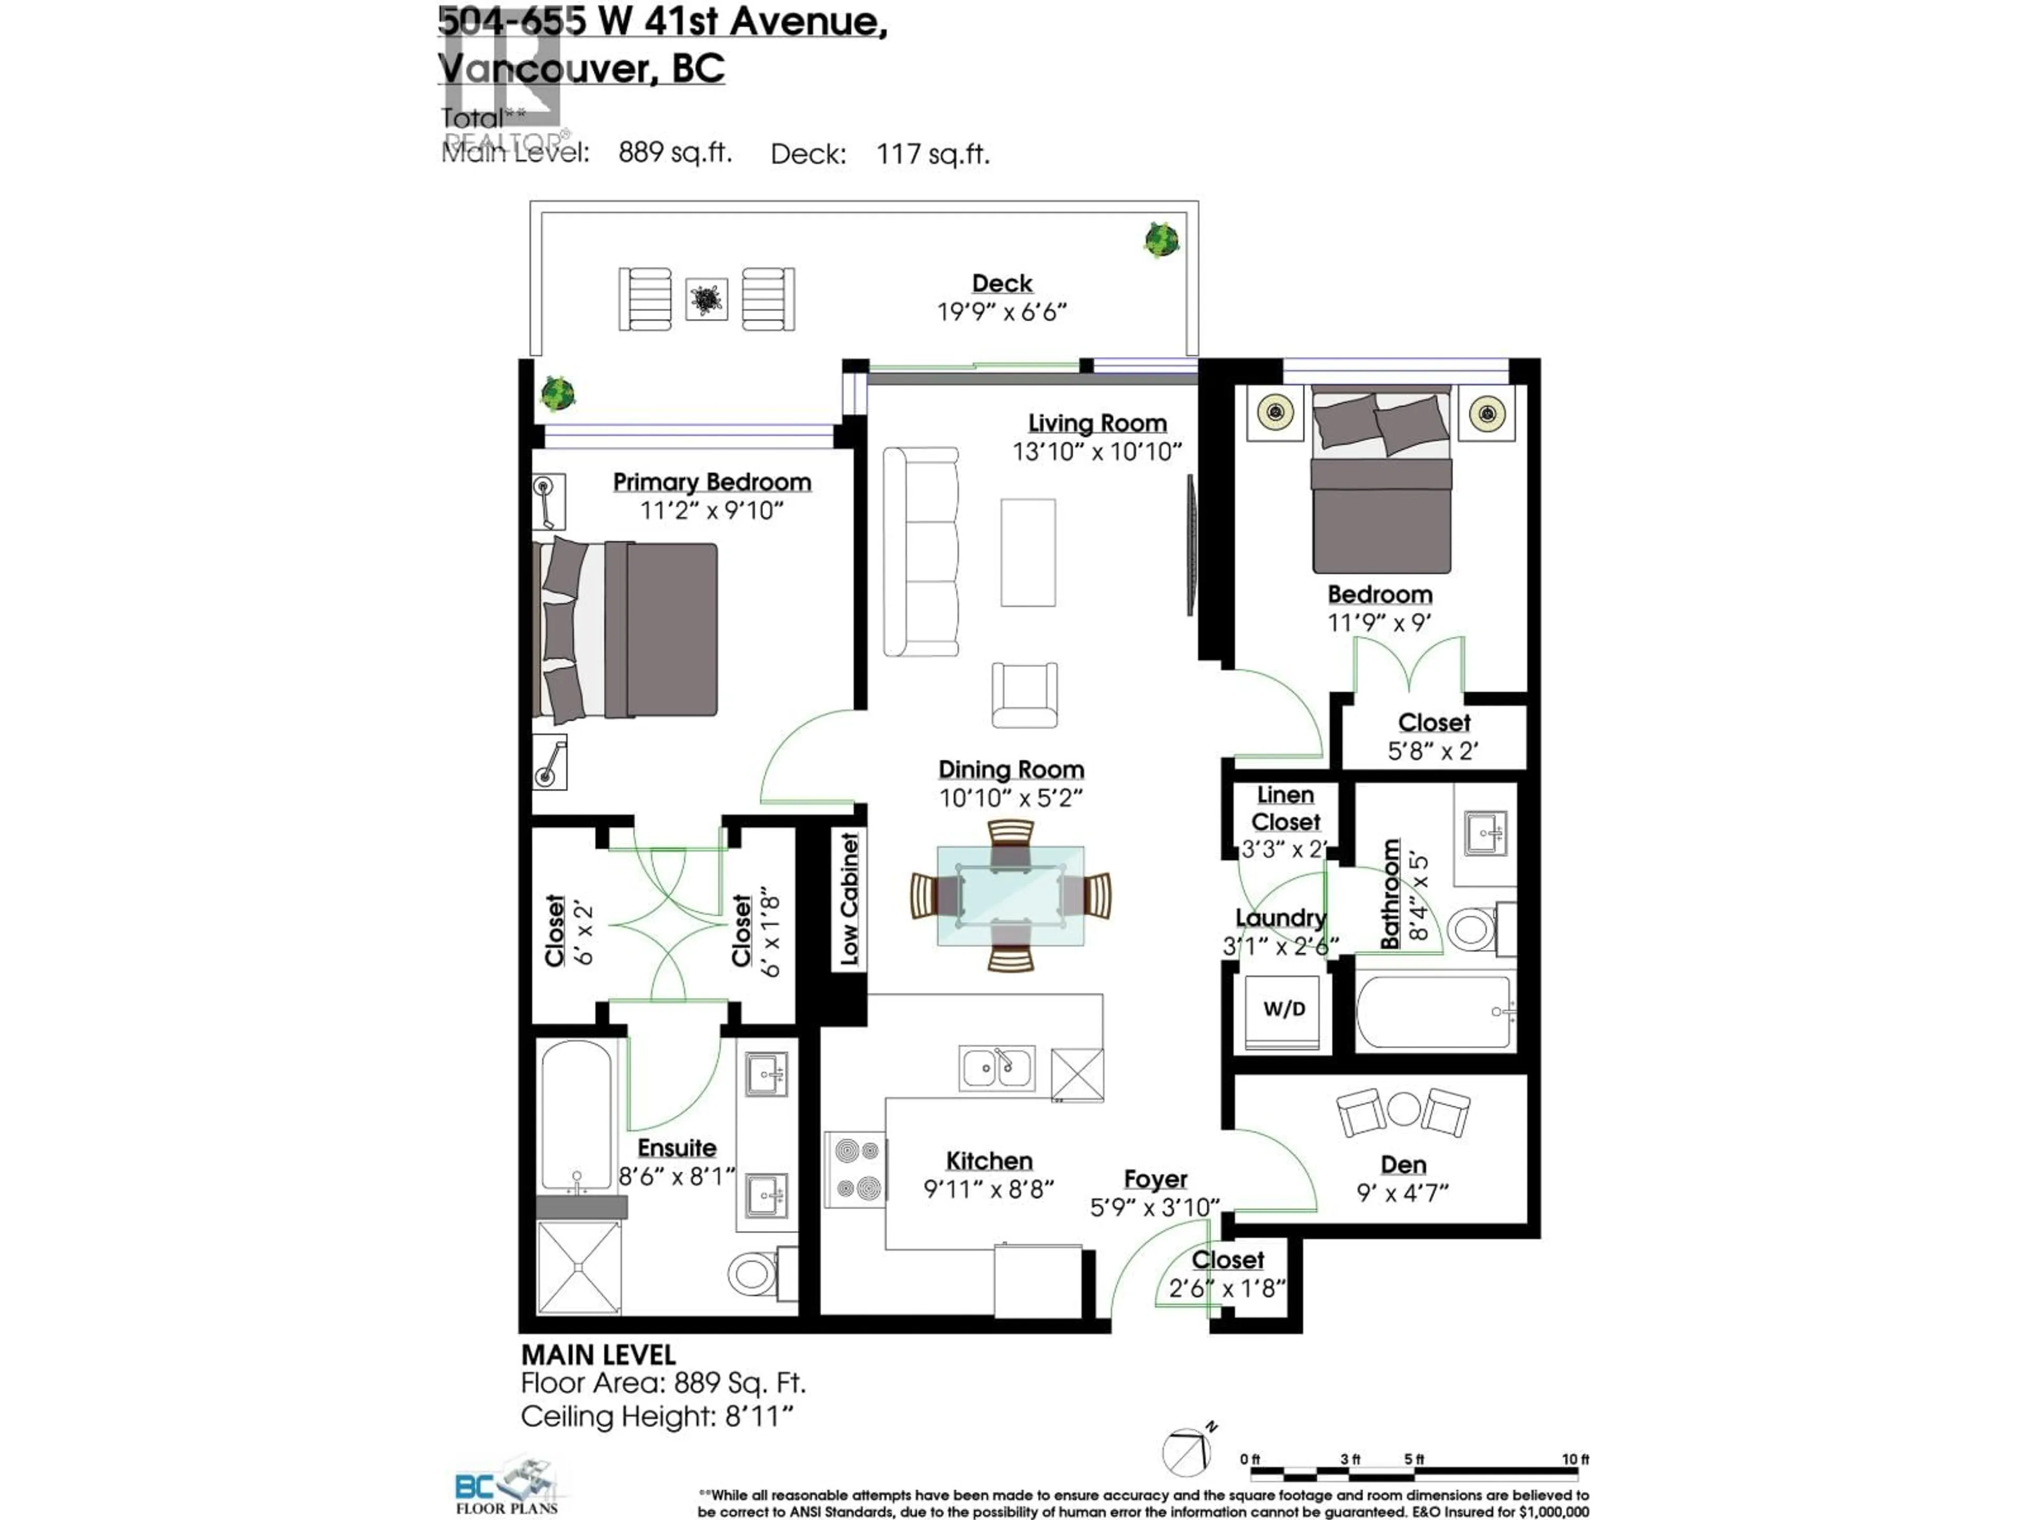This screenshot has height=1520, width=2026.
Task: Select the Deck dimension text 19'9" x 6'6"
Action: [x=1002, y=312]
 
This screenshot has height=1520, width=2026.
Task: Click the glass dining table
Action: [x=1010, y=895]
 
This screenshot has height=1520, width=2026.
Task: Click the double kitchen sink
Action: [x=997, y=1067]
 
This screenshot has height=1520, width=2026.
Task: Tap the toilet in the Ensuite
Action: [x=754, y=1272]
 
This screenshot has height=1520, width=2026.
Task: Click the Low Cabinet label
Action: [x=849, y=899]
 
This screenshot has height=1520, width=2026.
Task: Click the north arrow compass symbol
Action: [x=1188, y=1452]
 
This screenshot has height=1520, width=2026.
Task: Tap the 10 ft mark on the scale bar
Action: [x=1575, y=1459]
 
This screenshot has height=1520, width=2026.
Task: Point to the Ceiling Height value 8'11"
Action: [x=759, y=1417]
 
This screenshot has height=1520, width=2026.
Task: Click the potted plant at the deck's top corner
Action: [x=1161, y=240]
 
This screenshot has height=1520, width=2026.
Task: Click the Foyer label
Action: [x=1155, y=1179]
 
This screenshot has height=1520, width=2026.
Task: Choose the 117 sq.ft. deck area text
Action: [x=932, y=154]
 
